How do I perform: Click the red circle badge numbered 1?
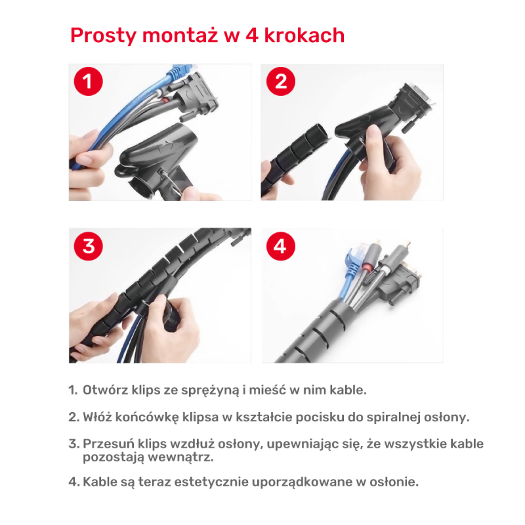pyautogui.click(x=89, y=83)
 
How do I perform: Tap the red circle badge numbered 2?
pyautogui.click(x=281, y=83)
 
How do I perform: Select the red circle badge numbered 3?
pyautogui.click(x=89, y=247)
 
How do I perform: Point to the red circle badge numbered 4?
pyautogui.click(x=281, y=247)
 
